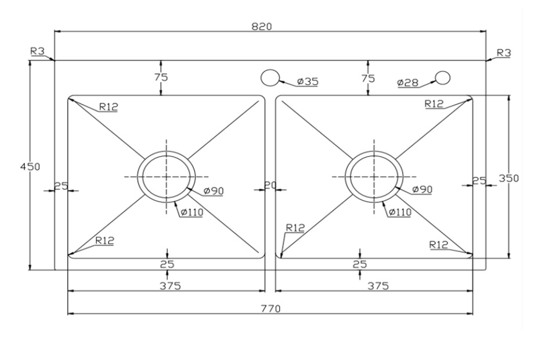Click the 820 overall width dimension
click(262, 26)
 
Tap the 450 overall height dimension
click(30, 167)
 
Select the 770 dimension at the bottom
click(271, 308)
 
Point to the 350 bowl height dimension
click(509, 178)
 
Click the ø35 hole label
click(307, 82)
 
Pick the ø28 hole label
click(408, 82)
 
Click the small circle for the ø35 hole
click(269, 77)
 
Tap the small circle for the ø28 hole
click(443, 77)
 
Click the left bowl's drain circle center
click(166, 176)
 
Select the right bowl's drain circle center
click(373, 176)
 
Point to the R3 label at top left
click(37, 51)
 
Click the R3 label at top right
click(504, 53)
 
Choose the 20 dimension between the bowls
click(270, 186)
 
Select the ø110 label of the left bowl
click(192, 212)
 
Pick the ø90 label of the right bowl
click(423, 189)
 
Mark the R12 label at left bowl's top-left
click(108, 106)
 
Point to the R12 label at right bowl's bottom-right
click(439, 244)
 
